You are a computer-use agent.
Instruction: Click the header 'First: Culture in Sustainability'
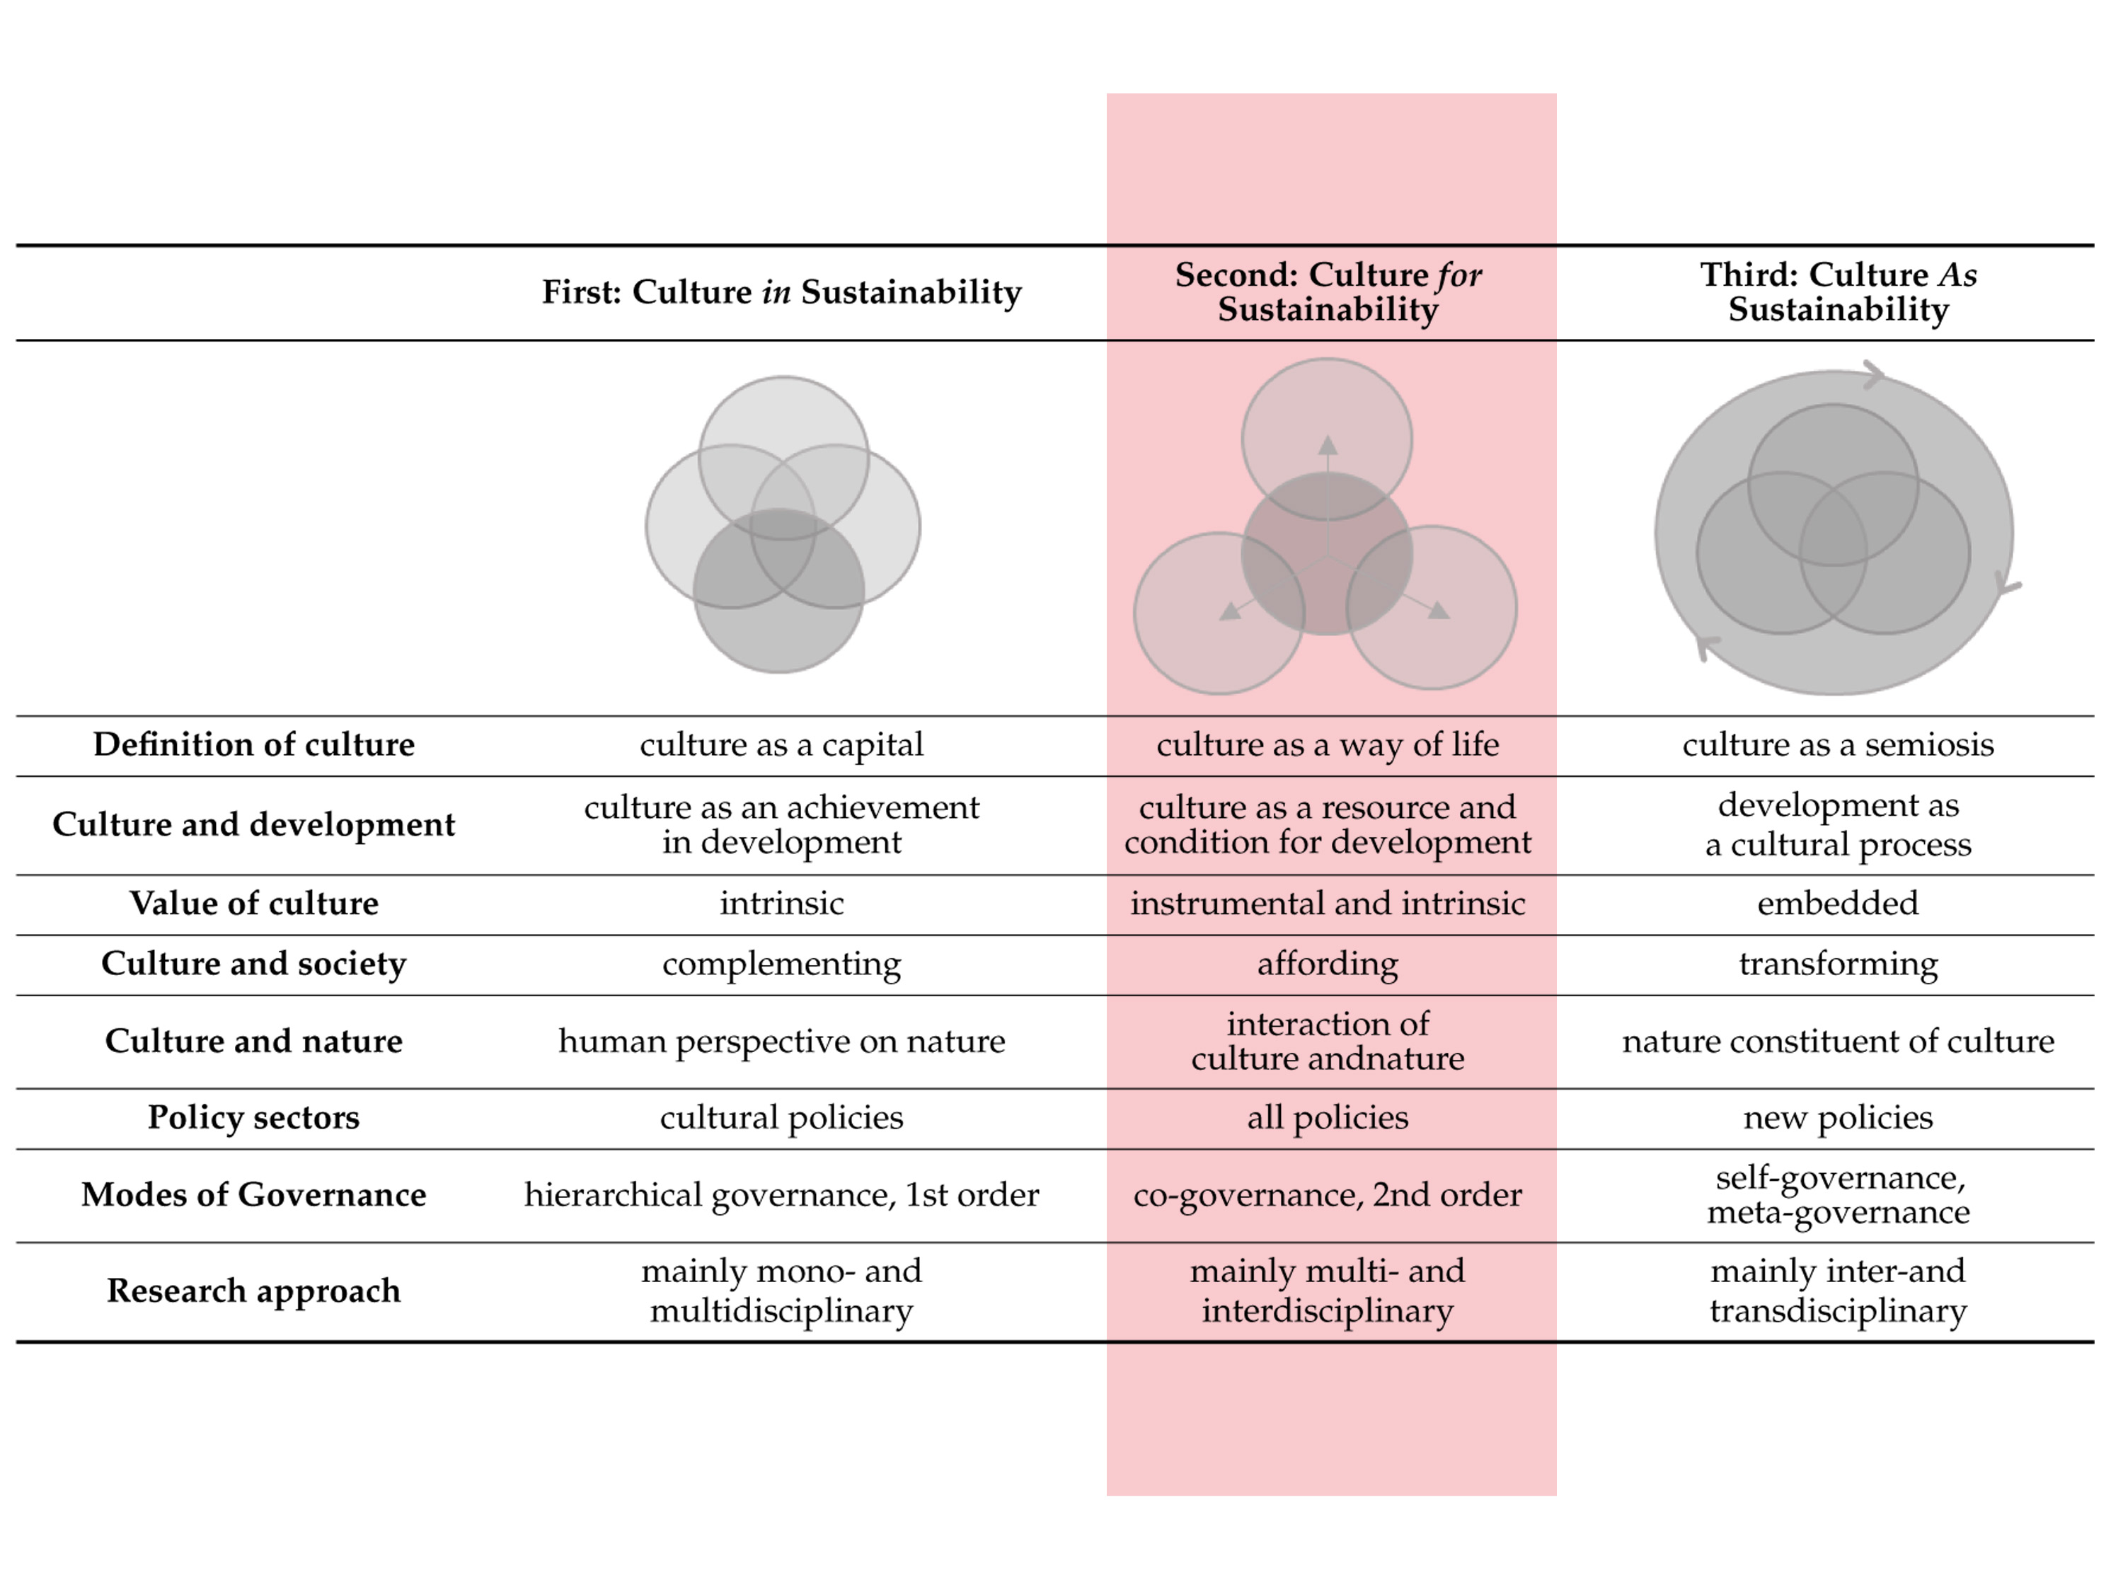[781, 292]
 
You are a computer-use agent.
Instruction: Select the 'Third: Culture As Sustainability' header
[1837, 292]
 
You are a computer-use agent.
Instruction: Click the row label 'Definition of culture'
[253, 744]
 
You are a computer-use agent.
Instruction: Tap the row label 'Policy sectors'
[253, 1117]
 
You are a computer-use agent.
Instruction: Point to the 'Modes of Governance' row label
[253, 1195]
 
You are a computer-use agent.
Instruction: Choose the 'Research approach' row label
[253, 1291]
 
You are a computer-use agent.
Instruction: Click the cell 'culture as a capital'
[781, 744]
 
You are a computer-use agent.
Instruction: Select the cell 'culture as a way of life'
[1328, 744]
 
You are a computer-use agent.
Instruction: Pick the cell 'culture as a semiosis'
[1837, 744]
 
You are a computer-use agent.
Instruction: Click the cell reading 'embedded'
[1837, 903]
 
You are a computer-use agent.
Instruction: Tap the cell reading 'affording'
[1328, 964]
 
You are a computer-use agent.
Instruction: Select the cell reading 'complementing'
[781, 964]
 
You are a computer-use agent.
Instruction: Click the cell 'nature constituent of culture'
[1837, 1042]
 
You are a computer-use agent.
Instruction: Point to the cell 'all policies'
[1328, 1117]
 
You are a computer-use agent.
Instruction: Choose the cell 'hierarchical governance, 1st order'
[781, 1195]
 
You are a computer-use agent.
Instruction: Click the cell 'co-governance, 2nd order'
[1328, 1195]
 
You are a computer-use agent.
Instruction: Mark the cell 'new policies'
[1837, 1117]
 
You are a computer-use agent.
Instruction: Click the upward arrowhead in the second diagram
[1328, 445]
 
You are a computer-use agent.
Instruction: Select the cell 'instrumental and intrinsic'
[1328, 903]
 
